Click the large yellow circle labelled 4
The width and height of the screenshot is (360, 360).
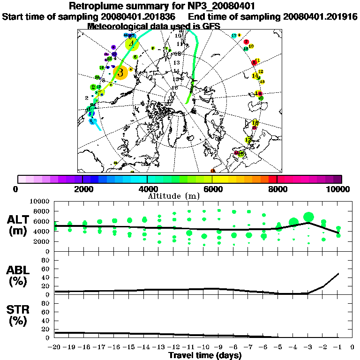click(133, 44)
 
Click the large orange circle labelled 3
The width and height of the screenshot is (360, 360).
click(120, 73)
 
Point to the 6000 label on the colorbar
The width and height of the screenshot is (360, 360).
click(212, 189)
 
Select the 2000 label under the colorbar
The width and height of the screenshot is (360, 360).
click(82, 189)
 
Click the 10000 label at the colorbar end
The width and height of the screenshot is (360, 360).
click(338, 189)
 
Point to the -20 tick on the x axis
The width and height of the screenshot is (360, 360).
click(55, 347)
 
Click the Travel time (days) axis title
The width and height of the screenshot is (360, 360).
click(205, 355)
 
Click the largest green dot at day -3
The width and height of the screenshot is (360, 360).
click(308, 217)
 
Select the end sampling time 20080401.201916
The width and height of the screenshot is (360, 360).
click(320, 17)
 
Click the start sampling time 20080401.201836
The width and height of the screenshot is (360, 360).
click(139, 17)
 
